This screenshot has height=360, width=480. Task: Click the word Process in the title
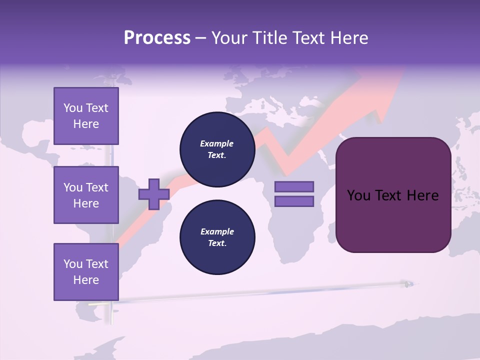coord(157,38)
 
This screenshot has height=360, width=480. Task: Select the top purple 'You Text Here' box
coord(86,116)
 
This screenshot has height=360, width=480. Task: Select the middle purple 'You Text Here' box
coord(86,195)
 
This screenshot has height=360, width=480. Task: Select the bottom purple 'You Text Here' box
coord(86,272)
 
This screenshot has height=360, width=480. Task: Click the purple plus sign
coord(154,194)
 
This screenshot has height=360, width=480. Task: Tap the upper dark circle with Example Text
coord(217,149)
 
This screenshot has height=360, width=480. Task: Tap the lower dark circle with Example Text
coord(217,237)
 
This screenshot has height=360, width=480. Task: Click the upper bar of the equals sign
coord(294,187)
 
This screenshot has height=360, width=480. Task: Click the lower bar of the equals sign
coord(294,201)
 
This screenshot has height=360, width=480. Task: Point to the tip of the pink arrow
coord(402,70)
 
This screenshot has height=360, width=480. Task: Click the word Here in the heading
coord(349,38)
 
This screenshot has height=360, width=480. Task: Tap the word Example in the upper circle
coord(217,144)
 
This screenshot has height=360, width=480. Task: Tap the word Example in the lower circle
coord(217,232)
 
